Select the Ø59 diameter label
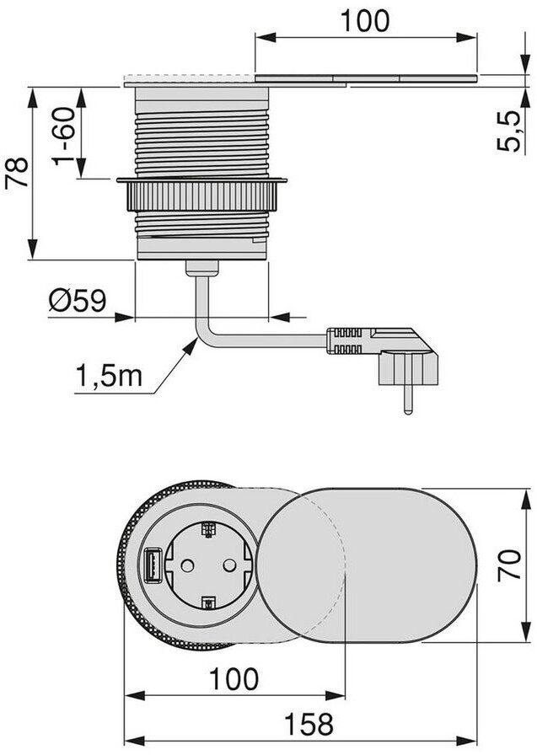(78, 301)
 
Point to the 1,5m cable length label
(110, 375)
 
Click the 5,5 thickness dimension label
(508, 131)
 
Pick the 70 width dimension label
(509, 565)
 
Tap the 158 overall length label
(309, 724)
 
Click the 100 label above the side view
(364, 21)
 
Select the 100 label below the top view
(234, 678)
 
